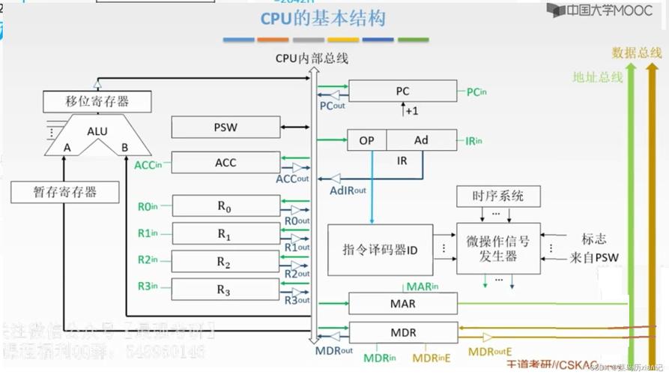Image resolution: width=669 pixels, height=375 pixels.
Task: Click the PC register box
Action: coord(402,91)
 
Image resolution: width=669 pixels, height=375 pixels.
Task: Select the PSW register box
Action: coord(225,127)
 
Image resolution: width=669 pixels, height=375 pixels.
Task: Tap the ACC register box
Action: coord(225,163)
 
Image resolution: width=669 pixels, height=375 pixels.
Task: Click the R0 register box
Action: coord(225,206)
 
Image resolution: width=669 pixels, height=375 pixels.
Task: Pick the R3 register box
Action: coord(225,289)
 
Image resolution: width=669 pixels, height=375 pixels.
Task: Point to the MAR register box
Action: coord(403,304)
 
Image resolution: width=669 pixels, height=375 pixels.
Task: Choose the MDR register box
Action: coord(403,332)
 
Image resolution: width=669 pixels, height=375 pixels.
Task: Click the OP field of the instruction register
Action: coord(367,140)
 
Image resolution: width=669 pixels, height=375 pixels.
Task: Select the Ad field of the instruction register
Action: coord(422,140)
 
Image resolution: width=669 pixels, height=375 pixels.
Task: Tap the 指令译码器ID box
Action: coord(380,249)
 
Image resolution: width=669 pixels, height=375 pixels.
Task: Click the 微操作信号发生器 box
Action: coord(498,249)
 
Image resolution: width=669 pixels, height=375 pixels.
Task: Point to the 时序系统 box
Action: coord(498,196)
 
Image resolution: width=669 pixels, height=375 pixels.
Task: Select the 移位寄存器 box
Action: coord(97,102)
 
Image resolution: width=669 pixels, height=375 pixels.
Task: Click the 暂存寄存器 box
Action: coord(64,191)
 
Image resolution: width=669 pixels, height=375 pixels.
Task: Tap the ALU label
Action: coord(97,131)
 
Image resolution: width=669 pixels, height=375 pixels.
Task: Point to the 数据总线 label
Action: coord(637,52)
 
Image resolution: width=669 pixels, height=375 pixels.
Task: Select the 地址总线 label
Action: coord(597,76)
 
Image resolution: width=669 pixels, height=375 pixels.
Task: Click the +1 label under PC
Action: coord(411,111)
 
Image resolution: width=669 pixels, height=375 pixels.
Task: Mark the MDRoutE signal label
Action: coord(490,351)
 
